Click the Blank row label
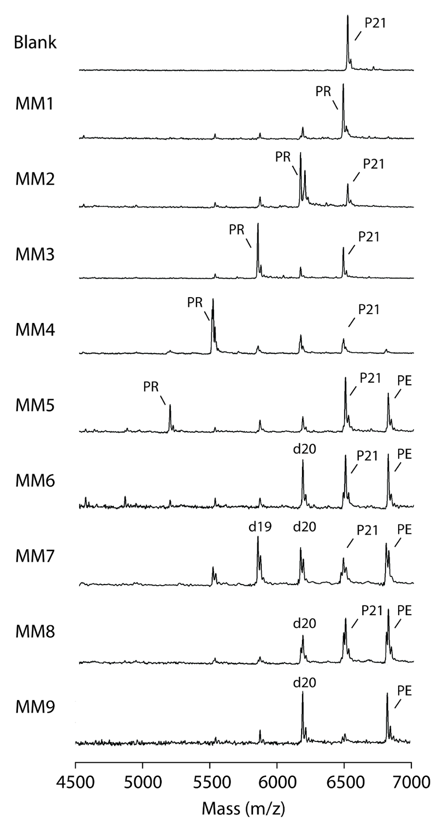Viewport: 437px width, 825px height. coord(35,42)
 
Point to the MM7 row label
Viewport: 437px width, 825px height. coord(35,556)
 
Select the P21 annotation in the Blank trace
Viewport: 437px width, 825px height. coord(375,23)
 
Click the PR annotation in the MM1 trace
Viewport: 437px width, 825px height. coord(323,91)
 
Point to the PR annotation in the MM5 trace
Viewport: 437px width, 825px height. coord(151,387)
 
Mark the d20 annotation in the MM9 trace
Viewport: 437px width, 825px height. coord(304,683)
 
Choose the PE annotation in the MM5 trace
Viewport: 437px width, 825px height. coord(404,380)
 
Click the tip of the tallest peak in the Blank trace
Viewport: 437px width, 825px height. coord(348,16)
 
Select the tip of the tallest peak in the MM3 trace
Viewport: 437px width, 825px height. coord(258,224)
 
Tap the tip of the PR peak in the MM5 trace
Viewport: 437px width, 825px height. coord(170,405)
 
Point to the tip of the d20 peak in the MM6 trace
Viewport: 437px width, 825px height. coord(303,461)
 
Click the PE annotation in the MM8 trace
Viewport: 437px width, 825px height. coord(404,610)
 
